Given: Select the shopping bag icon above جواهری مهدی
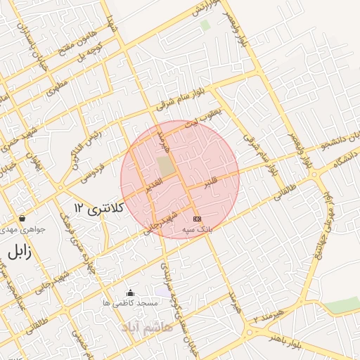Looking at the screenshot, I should (x=23, y=219).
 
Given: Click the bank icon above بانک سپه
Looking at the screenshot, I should (x=196, y=219).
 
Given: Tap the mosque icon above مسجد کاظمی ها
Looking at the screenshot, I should (x=129, y=292).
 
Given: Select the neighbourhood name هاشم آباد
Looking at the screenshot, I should (x=146, y=328).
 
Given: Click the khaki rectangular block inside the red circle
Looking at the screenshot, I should (x=165, y=167).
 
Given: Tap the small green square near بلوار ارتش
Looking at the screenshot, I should (x=205, y=25).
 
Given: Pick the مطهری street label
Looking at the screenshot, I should (x=56, y=87).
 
